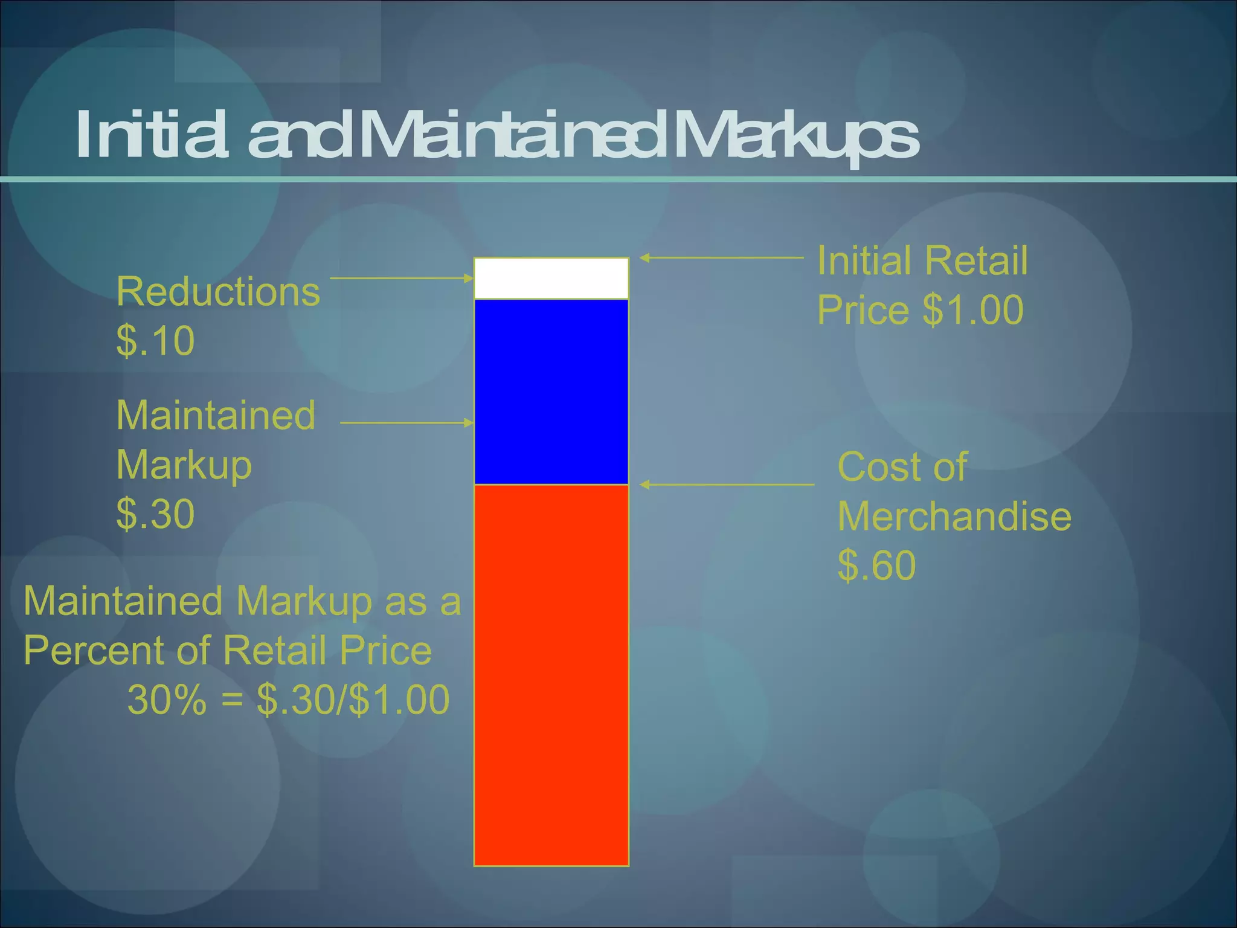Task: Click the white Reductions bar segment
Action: (x=551, y=279)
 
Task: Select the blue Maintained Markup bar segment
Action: (x=551, y=391)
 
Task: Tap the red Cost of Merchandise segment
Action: (x=551, y=674)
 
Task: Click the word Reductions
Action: (x=217, y=292)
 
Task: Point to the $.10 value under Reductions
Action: (x=155, y=341)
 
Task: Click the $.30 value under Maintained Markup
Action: (x=155, y=514)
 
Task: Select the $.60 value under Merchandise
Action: (x=876, y=565)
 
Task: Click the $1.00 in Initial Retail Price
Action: (x=973, y=310)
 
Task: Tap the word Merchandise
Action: (x=954, y=517)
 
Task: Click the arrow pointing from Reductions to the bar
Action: (x=402, y=279)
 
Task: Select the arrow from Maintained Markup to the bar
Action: (x=407, y=423)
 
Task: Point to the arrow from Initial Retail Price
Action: (x=721, y=258)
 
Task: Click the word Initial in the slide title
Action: (x=152, y=135)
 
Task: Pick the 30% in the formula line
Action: (x=167, y=700)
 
